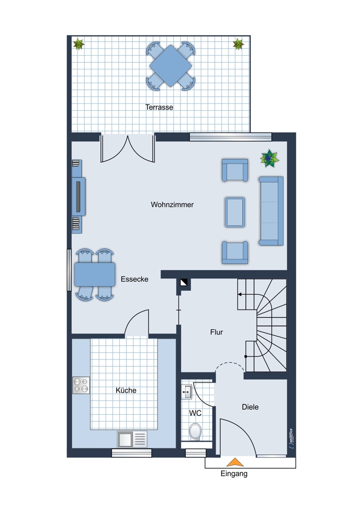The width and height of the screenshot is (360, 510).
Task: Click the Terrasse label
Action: [159, 107]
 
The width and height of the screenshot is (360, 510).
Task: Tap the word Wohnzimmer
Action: [172, 205]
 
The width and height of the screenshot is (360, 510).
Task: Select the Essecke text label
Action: [134, 279]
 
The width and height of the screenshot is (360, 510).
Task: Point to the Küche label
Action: [126, 390]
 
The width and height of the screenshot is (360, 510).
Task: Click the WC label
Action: [195, 413]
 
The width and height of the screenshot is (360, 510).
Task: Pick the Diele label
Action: [250, 407]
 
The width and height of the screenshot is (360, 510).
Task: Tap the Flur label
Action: [217, 332]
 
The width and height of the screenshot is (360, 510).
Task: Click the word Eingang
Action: [234, 474]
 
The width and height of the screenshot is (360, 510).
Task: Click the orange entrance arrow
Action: [235, 463]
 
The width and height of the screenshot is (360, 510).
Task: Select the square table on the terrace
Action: [170, 66]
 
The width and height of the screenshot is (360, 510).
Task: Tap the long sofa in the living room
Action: [271, 211]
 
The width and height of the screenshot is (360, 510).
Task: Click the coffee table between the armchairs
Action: [235, 212]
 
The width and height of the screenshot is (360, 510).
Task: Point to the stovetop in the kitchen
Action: [81, 385]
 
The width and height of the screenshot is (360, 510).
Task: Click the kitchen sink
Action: [132, 439]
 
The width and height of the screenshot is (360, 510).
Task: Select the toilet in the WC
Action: [195, 431]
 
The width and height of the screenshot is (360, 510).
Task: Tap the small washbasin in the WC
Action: [187, 392]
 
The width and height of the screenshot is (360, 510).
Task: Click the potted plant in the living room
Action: [269, 159]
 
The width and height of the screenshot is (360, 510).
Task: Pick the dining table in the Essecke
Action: [95, 274]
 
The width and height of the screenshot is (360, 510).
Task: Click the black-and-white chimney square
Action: [184, 283]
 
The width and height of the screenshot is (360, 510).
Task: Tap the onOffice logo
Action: [291, 439]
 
